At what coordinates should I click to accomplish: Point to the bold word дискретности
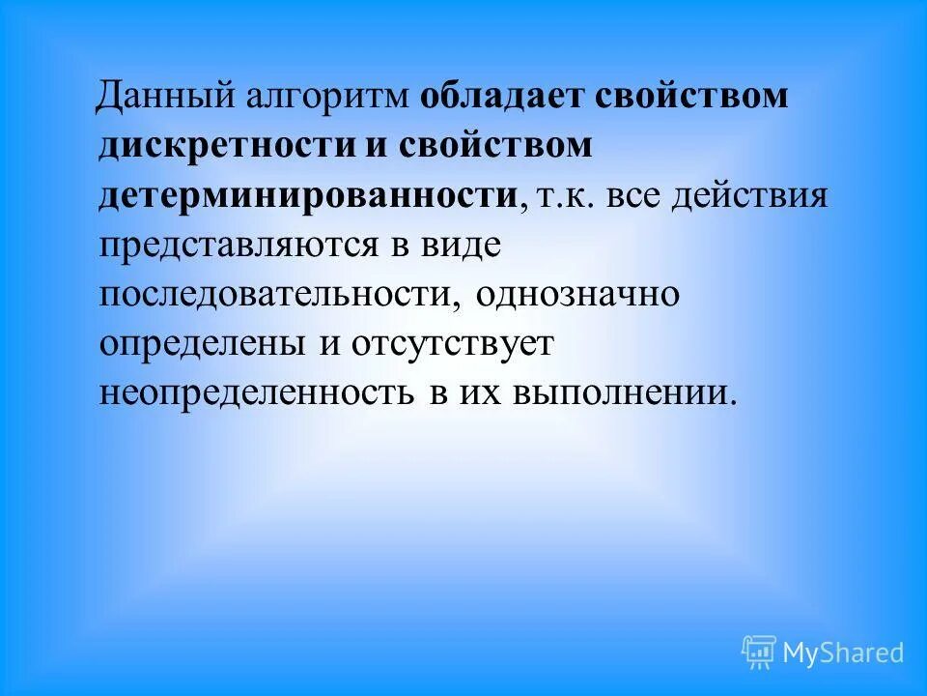pos(211,146)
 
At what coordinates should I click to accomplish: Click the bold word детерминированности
pos(308,196)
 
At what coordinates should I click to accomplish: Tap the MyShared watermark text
pos(843,652)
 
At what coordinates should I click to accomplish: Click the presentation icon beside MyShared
pos(759,652)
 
